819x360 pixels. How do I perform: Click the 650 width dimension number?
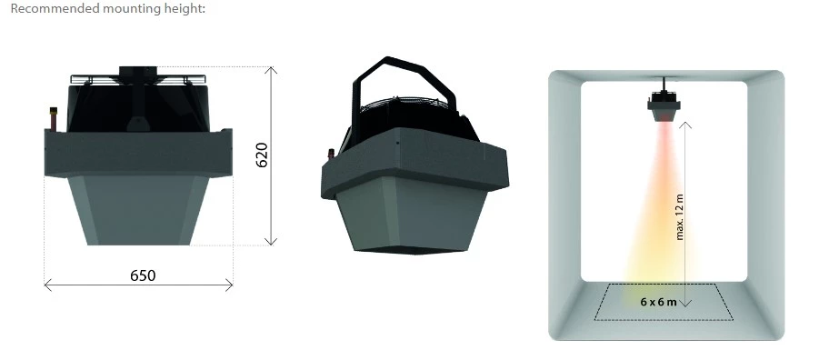tap(142, 275)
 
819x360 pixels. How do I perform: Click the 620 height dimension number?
tap(262, 155)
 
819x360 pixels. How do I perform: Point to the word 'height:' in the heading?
tap(186, 8)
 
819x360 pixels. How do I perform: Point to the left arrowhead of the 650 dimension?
tap(46, 285)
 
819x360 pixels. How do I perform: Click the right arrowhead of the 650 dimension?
tap(231, 285)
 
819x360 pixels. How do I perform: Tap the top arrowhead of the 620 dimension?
tap(270, 68)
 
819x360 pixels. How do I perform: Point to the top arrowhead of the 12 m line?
tap(687, 124)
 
